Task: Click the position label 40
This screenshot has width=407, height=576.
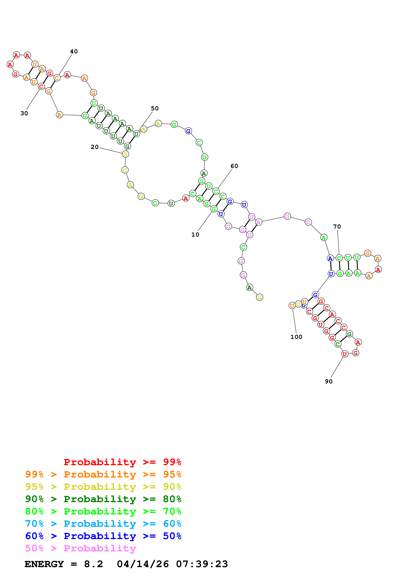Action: pos(74,51)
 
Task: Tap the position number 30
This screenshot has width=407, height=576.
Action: pos(24,113)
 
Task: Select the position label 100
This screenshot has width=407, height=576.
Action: pos(296,337)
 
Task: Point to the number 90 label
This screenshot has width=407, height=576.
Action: pos(329,381)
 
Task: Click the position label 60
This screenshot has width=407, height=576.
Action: pos(234,166)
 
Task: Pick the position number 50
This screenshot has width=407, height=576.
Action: pos(155,108)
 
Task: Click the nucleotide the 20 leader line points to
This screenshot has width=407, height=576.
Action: pos(125,154)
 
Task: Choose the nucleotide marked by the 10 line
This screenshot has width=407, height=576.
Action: pos(214,209)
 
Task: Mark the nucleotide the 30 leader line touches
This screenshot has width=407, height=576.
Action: pos(41,86)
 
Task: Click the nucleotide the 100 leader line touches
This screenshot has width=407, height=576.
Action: pos(292,306)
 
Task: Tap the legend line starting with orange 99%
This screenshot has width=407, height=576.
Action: pos(103,474)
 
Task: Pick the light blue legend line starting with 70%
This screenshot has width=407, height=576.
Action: pos(103,524)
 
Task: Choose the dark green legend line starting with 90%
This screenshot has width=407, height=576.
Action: pos(103,499)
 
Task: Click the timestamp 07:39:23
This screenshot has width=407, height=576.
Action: pos(202,564)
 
